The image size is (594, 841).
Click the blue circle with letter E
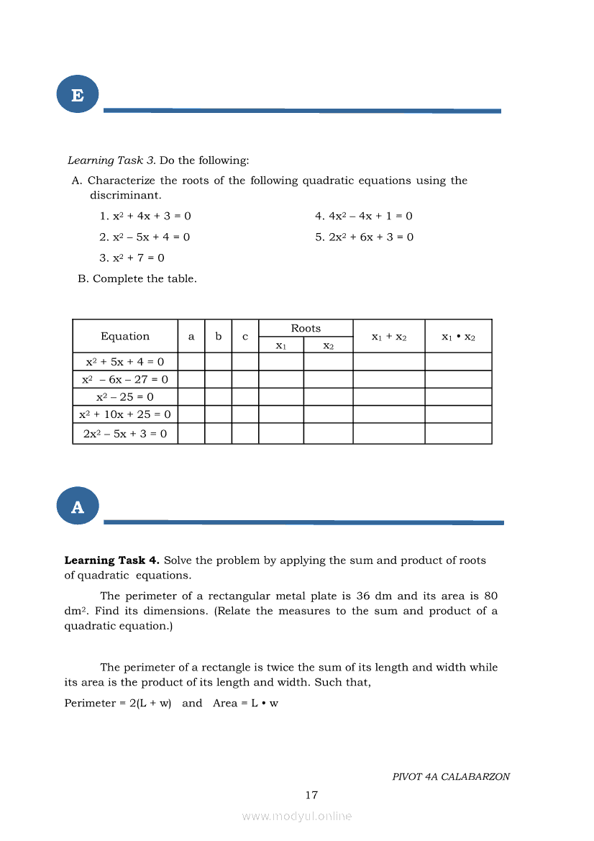coord(77,94)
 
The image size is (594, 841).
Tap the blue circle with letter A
coord(77,506)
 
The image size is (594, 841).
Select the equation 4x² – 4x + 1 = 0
coord(364,216)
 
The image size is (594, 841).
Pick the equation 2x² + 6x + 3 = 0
coord(364,237)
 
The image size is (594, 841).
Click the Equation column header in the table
coord(125,336)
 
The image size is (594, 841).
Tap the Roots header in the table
coord(306,328)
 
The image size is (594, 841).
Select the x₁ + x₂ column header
coord(389,337)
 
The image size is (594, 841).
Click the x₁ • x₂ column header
coord(458,337)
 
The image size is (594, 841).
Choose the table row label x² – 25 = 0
coord(125,397)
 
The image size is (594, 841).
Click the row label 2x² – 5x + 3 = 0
coord(125,434)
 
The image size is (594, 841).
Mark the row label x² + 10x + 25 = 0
coord(125,414)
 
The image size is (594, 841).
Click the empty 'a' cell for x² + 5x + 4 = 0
coord(191,362)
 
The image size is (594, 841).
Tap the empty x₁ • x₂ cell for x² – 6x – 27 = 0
coord(458,379)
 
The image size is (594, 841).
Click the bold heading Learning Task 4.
coord(111,560)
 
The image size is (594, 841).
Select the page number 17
coord(311,795)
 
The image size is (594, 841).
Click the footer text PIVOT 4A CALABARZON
coord(451,777)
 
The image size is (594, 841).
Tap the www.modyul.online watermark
coord(297,817)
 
